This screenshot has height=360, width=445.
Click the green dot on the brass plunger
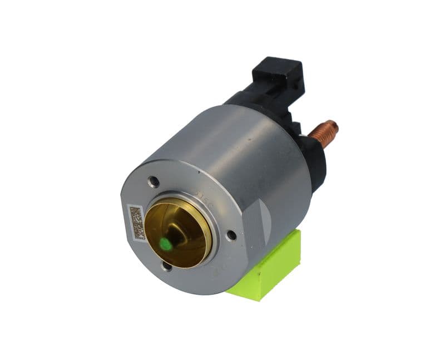(165, 243)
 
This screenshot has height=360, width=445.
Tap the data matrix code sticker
(135, 221)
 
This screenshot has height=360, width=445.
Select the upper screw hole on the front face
(154, 181)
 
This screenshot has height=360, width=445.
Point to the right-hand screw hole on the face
(231, 235)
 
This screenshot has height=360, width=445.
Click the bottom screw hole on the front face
(166, 266)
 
